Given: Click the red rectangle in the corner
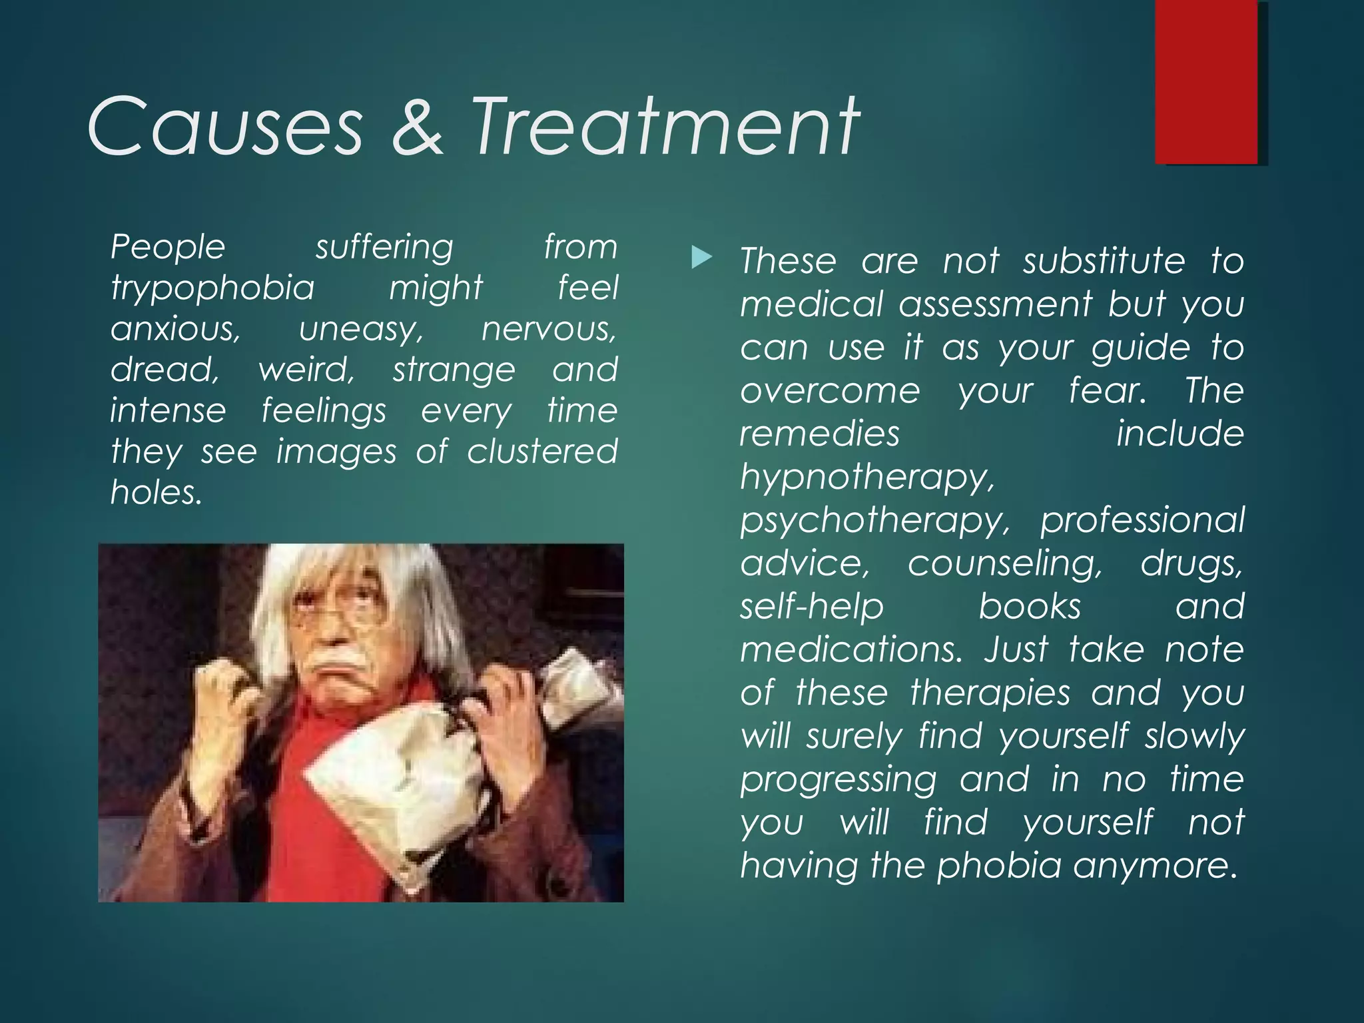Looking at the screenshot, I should click(x=1206, y=81).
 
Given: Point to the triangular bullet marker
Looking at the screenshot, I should click(x=701, y=257).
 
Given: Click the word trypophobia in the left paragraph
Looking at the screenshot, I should click(x=212, y=288).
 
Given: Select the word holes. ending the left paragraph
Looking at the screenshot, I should click(x=156, y=493).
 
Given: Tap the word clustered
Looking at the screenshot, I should click(x=542, y=452).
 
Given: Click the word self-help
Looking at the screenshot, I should click(x=811, y=607).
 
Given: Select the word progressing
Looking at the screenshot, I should click(x=838, y=780).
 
